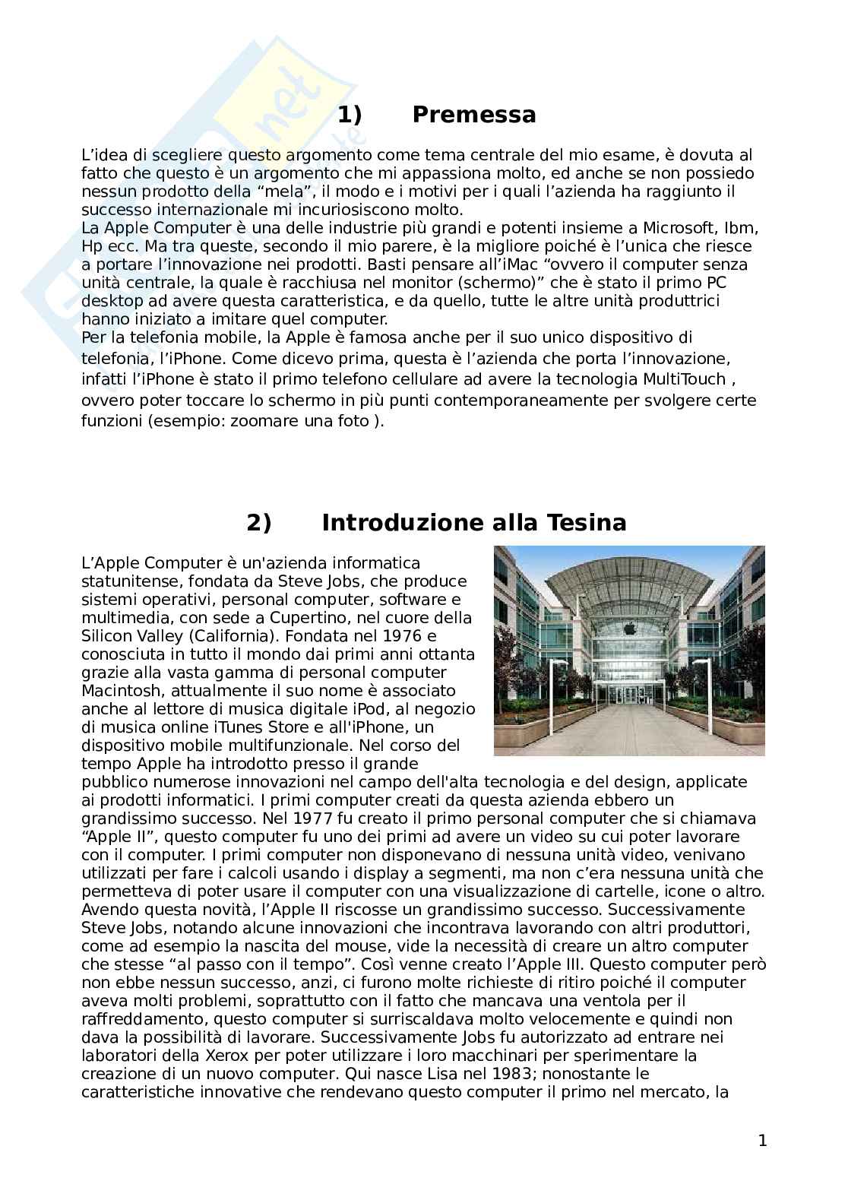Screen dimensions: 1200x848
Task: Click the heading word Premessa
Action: tap(473, 115)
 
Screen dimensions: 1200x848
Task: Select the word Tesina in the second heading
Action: tap(583, 523)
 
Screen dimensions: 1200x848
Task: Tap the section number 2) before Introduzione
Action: tap(258, 523)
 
